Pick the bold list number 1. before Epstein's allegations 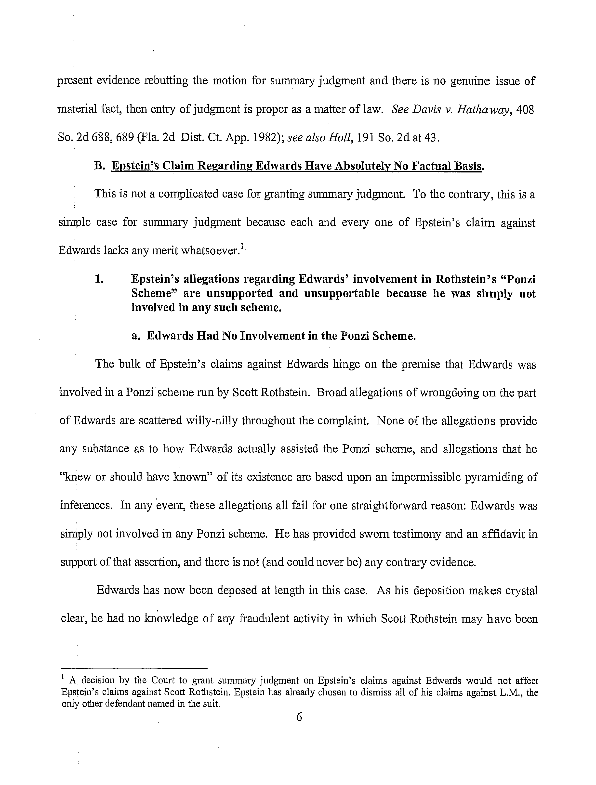[x=99, y=279]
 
